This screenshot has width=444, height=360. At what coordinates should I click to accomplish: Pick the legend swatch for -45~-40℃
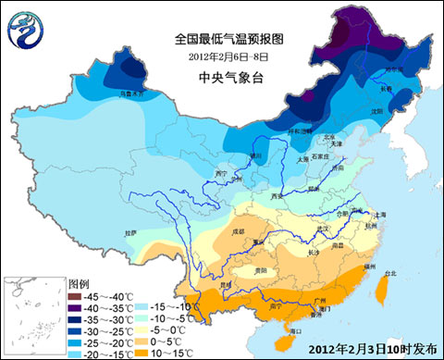click(x=75, y=295)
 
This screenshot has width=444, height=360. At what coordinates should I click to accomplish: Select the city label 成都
click(x=239, y=228)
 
